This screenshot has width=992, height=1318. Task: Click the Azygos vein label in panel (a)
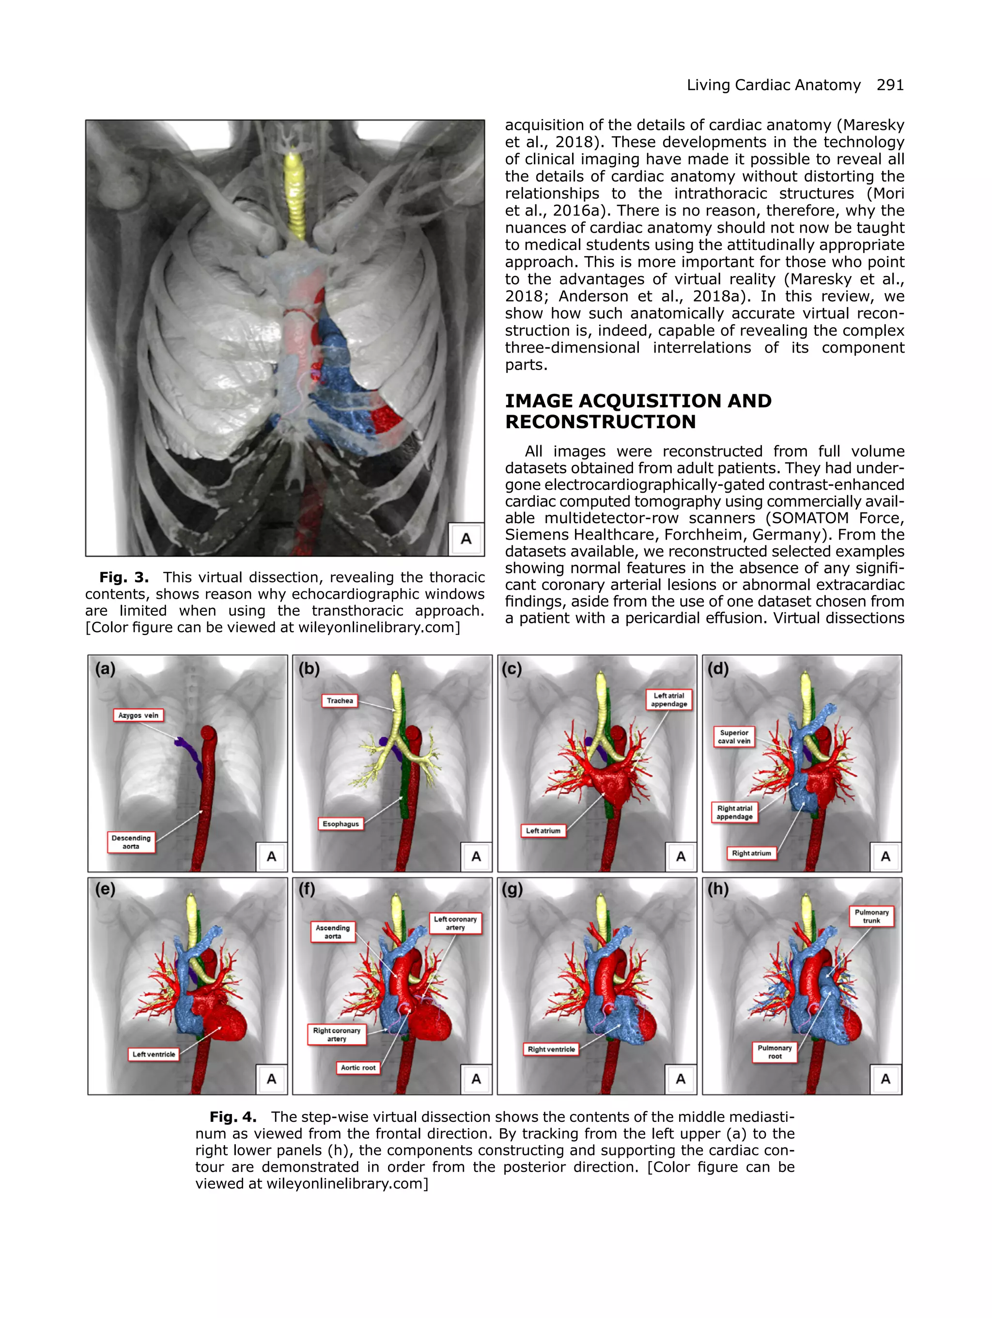click(138, 715)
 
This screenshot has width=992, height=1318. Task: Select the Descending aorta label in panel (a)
click(131, 842)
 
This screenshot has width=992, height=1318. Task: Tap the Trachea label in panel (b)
click(340, 701)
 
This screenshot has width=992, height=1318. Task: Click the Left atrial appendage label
click(668, 699)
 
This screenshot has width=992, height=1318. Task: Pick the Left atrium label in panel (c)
click(543, 831)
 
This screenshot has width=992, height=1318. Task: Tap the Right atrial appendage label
click(735, 812)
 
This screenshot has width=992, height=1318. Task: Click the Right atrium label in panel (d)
click(751, 853)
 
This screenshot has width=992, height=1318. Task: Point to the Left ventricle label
click(154, 1054)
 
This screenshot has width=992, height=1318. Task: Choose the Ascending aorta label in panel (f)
click(332, 932)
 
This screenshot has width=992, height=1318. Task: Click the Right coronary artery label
click(337, 1034)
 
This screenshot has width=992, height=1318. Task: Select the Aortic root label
click(358, 1067)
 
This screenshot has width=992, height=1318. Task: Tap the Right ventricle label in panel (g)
click(551, 1049)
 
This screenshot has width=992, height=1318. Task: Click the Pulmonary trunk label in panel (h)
click(871, 916)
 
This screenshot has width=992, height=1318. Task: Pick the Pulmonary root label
click(775, 1052)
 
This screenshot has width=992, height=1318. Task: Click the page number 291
click(890, 85)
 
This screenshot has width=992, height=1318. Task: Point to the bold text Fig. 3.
click(124, 577)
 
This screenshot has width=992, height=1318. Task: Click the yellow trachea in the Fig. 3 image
click(294, 197)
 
